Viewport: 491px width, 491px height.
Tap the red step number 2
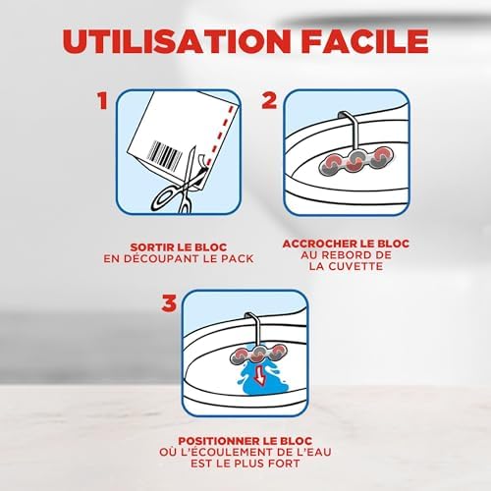[268, 102]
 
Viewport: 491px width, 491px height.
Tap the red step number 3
[169, 304]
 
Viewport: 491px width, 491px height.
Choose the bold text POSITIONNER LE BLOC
[245, 442]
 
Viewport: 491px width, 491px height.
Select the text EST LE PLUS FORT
[245, 465]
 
